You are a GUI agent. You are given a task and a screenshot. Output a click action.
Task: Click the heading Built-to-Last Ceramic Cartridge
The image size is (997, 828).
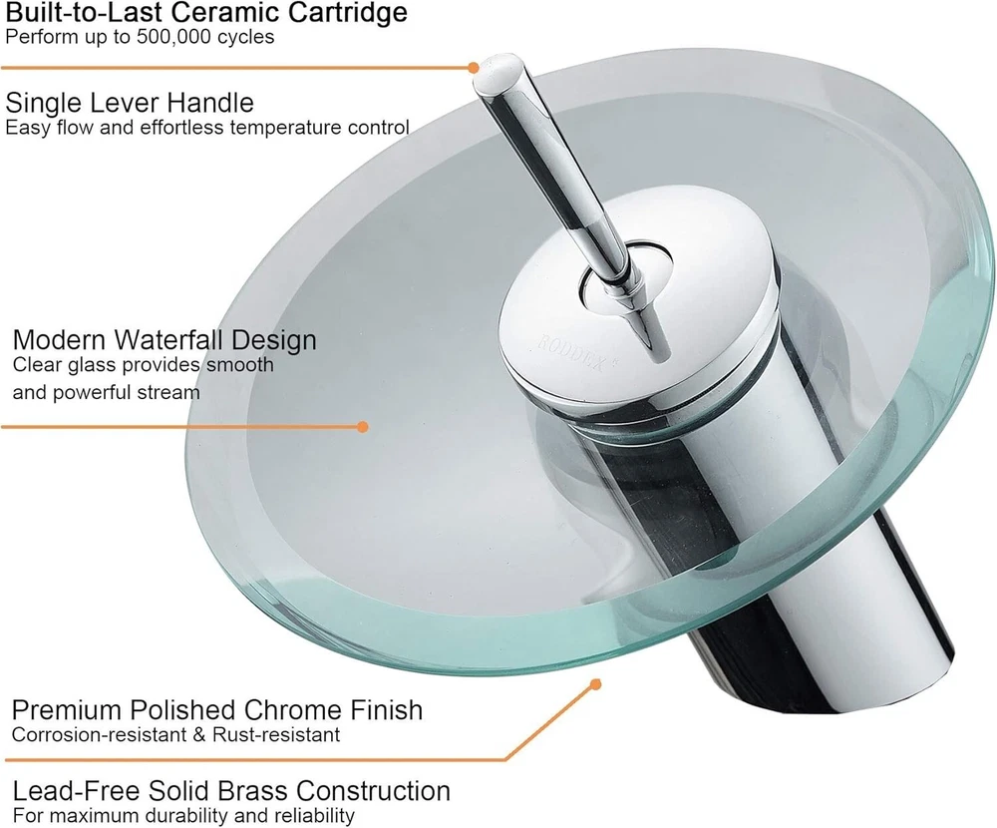click(x=206, y=12)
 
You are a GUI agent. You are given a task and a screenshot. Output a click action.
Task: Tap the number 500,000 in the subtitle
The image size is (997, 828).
click(x=172, y=36)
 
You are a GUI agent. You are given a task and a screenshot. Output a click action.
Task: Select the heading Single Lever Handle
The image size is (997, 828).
click(x=130, y=103)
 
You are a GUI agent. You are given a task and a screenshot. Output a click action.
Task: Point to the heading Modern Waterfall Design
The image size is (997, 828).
click(x=165, y=340)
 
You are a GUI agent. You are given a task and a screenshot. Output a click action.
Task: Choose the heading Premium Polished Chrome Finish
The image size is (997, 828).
click(x=217, y=709)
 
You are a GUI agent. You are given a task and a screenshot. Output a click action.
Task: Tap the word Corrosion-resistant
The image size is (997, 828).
click(x=100, y=734)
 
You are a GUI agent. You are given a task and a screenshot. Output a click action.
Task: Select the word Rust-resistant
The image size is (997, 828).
click(x=276, y=734)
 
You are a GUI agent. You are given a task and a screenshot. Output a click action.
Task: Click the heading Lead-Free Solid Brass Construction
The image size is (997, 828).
click(x=231, y=791)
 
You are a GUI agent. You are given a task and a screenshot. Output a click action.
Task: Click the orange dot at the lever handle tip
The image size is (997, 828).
click(x=473, y=67)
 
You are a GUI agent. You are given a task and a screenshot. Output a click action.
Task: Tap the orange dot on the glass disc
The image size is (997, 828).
click(x=363, y=426)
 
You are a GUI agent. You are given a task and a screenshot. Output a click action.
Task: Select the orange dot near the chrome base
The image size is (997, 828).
click(x=596, y=684)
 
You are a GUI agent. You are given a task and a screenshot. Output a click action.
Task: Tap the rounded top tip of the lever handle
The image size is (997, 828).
click(x=502, y=66)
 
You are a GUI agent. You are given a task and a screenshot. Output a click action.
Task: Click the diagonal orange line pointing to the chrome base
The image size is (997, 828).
click(x=550, y=721)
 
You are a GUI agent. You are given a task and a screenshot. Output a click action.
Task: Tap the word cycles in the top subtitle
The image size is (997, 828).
click(x=246, y=37)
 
